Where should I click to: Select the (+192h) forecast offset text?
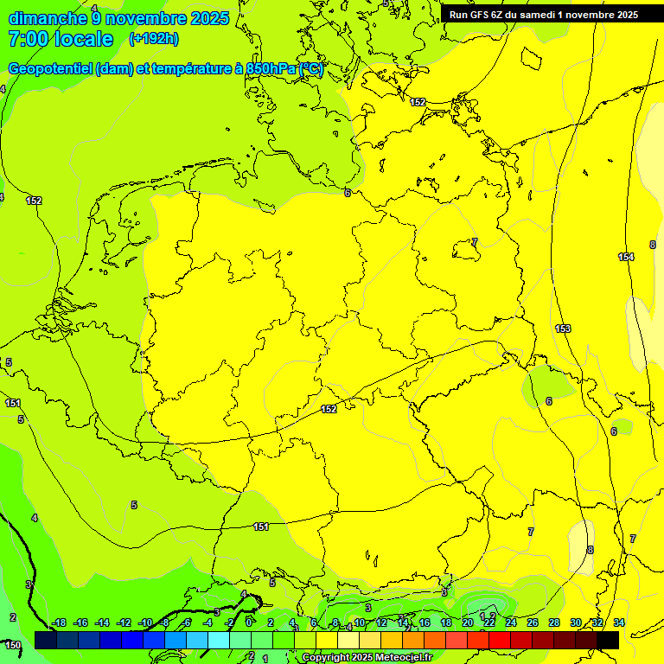coord(153,39)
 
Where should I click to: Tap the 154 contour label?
coord(626,257)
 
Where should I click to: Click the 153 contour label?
coord(563,329)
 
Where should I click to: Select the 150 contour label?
coord(12,645)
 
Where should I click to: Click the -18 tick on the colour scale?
coord(59,622)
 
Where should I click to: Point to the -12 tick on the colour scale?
coord(124,622)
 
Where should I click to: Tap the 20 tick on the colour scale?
coord(468,622)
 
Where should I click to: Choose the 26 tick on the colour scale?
coord(533,622)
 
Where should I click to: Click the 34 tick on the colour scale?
coord(619,622)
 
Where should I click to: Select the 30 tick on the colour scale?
coord(576,622)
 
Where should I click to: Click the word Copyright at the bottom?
coord(326,658)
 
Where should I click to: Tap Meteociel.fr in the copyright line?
coord(403,658)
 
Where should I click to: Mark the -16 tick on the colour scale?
coord(80,622)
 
